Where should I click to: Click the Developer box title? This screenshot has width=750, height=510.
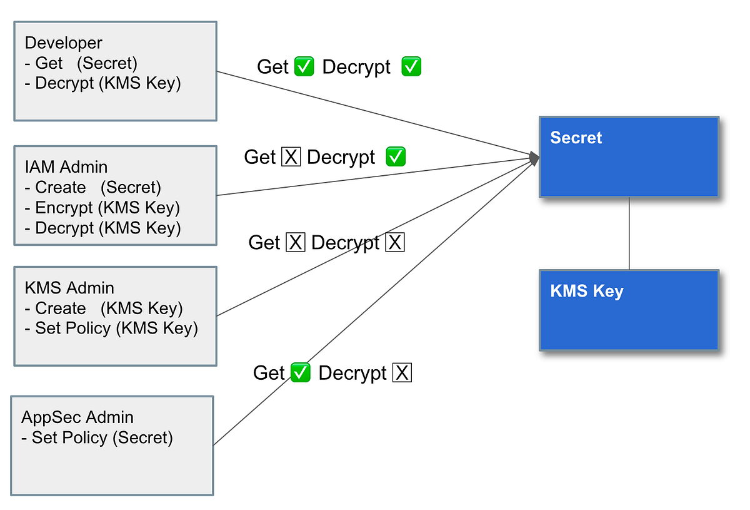(64, 43)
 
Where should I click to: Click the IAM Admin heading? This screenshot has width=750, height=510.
(66, 167)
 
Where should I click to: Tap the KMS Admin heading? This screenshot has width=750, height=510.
(69, 288)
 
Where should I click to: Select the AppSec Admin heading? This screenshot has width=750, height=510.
(77, 417)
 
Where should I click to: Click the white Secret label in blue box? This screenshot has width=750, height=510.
(576, 138)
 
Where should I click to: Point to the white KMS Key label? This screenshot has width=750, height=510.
(586, 291)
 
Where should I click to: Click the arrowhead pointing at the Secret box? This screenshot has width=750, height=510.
(534, 158)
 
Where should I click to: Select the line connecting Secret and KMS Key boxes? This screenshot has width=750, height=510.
(629, 233)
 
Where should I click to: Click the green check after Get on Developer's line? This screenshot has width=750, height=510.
(304, 66)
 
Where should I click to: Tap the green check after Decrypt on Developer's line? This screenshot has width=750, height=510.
(411, 66)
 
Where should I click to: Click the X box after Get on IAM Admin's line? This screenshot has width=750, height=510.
(291, 157)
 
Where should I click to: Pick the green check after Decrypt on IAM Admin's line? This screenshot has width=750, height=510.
(396, 157)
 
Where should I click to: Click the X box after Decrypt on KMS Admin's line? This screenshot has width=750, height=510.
(395, 243)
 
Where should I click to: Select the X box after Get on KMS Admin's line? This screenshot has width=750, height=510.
(295, 243)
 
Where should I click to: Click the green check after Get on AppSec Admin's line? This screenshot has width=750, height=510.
(301, 373)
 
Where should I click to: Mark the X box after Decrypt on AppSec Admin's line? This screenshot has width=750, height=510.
(402, 373)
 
